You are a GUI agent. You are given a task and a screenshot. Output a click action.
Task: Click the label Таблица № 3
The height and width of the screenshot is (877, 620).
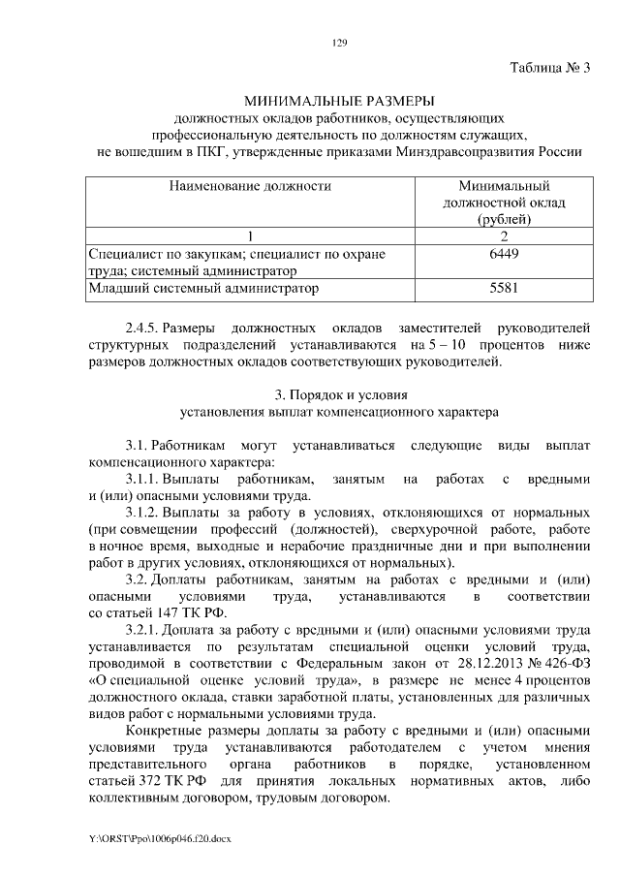(549, 68)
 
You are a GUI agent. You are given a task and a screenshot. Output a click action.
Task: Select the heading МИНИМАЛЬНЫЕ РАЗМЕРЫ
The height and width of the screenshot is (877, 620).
(339, 101)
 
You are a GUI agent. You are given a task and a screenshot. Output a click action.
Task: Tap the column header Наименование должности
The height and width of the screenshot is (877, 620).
(250, 184)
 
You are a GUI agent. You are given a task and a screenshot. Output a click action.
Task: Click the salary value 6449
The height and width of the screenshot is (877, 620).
(504, 254)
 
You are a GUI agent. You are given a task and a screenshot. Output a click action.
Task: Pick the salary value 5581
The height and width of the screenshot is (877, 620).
(504, 288)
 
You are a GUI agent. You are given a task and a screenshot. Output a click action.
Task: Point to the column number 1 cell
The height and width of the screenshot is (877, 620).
(250, 236)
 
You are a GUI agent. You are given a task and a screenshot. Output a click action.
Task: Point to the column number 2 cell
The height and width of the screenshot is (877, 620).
(504, 236)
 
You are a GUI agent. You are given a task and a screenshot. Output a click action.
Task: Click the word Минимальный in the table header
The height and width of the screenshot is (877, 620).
(504, 184)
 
